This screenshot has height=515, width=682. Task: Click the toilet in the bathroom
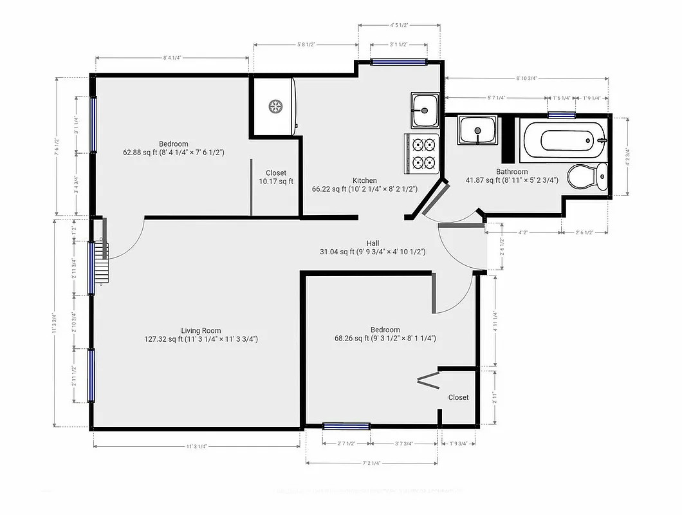coord(588,176)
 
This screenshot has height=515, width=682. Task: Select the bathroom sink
coord(477,131)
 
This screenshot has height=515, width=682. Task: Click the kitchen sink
coord(425,110)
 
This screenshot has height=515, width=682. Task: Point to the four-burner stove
coord(421,153)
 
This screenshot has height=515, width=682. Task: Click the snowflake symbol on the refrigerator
coord(275,106)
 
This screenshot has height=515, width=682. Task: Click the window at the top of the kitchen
coord(399,62)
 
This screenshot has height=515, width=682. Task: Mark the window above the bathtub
coord(560,115)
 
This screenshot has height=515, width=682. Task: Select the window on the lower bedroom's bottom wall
coord(346,426)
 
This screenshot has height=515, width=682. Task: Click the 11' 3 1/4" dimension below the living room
coord(196,445)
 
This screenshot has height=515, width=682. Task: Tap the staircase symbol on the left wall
coord(101,264)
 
